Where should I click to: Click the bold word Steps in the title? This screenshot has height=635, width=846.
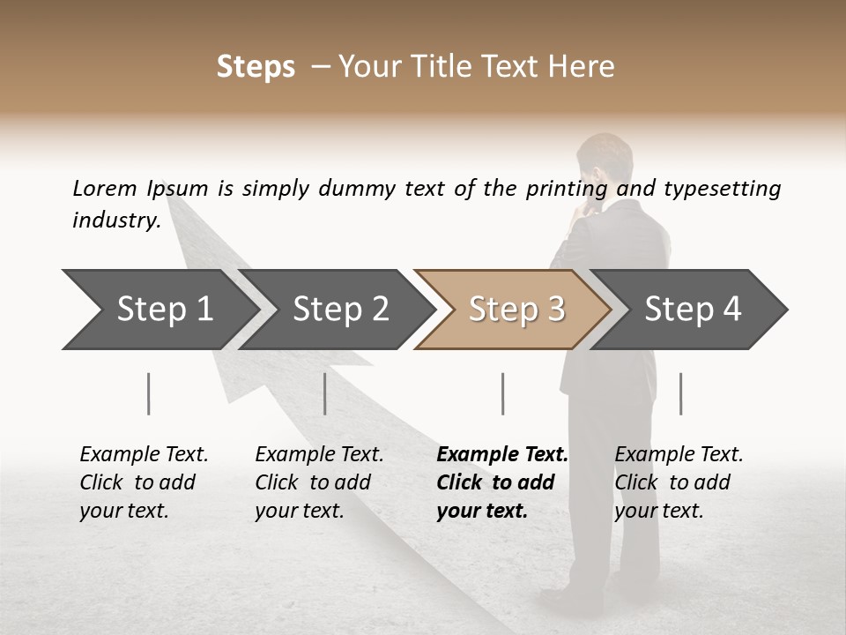pos(256,67)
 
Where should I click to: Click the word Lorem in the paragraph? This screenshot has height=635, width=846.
pos(104,189)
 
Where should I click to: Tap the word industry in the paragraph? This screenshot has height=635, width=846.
pos(115,220)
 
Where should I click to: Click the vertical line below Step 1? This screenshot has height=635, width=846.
pos(149,393)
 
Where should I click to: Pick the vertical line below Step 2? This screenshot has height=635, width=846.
pos(325,393)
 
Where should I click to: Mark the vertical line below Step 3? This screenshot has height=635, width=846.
pos(503,393)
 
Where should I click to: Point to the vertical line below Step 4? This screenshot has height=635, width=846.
pos(681,393)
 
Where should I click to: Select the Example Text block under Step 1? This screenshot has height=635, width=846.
pos(144,482)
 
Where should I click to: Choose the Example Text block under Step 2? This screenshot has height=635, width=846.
pos(319,482)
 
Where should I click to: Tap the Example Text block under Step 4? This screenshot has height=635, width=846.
pos(679,482)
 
